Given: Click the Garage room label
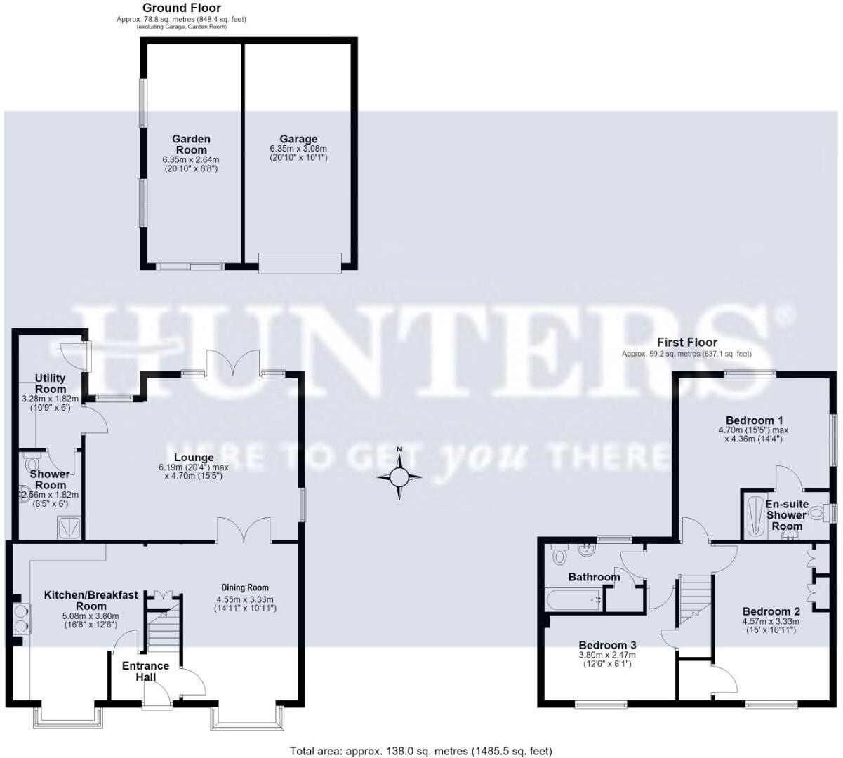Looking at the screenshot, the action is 298,139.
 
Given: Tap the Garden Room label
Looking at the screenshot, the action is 191,144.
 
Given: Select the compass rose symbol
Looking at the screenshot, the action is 399,477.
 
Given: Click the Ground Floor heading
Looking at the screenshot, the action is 182,8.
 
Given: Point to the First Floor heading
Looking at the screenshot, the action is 687,342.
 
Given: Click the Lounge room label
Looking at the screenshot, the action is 194,457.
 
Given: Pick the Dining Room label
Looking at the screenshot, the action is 245,587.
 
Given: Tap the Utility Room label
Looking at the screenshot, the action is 50,383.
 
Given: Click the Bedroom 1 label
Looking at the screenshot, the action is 755,420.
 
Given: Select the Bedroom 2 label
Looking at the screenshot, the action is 771,611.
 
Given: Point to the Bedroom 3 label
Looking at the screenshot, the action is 607,644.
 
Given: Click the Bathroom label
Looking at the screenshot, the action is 594,577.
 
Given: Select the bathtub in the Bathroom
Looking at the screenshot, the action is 573,599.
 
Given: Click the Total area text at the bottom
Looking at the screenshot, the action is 420,751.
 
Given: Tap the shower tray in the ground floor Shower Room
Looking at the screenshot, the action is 69,528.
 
